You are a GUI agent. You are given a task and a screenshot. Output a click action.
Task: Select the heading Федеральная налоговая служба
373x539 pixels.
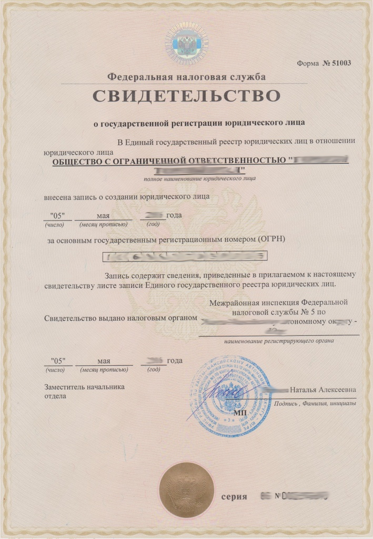tap(186, 77)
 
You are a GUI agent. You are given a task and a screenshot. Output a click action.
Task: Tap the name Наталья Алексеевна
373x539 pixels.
tap(323, 390)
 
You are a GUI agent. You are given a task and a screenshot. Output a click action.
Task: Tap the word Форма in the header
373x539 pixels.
tap(308, 64)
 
